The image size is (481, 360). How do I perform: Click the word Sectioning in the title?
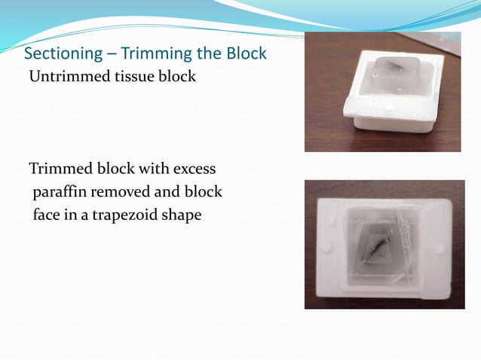click(60, 55)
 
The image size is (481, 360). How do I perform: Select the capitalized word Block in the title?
click(246, 55)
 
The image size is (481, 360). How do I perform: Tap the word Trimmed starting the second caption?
click(57, 168)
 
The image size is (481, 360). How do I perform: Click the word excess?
click(195, 168)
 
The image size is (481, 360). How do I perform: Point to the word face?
click(45, 215)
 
